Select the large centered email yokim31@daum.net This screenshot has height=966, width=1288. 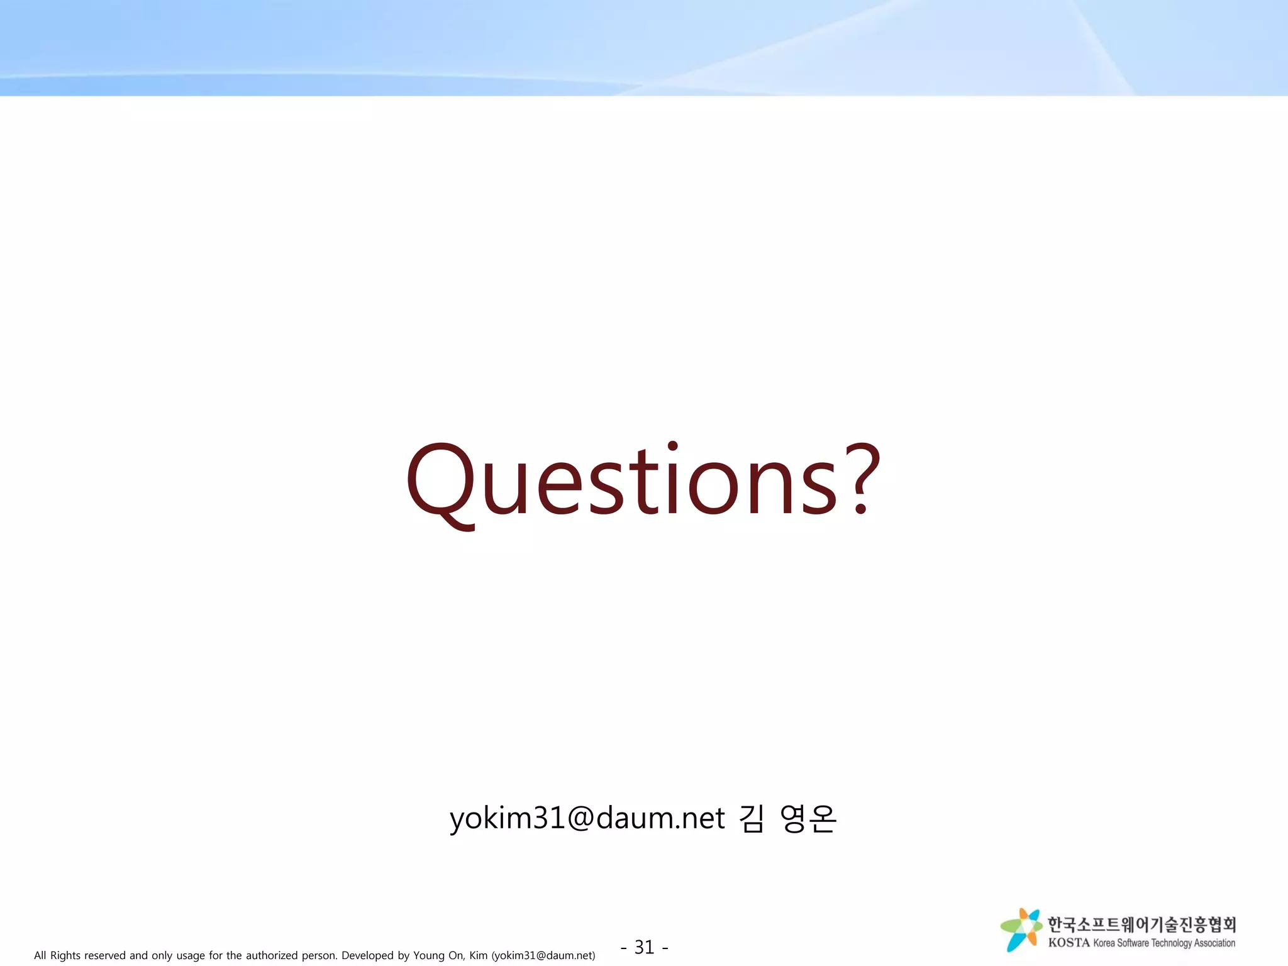point(587,818)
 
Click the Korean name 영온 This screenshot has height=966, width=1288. point(808,818)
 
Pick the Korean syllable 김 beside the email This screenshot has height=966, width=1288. point(752,818)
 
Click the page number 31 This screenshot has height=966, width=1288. point(644,947)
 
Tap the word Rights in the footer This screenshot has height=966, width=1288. point(65,955)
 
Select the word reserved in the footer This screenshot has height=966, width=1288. point(104,955)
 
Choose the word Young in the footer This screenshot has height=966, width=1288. point(429,955)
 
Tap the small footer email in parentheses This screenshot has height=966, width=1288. point(543,955)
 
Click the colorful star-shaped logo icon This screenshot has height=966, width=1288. point(1021,930)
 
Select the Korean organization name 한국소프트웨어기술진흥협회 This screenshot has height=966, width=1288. point(1141,924)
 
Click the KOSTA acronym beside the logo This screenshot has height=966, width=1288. point(1069,943)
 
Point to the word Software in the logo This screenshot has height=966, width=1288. point(1133,943)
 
